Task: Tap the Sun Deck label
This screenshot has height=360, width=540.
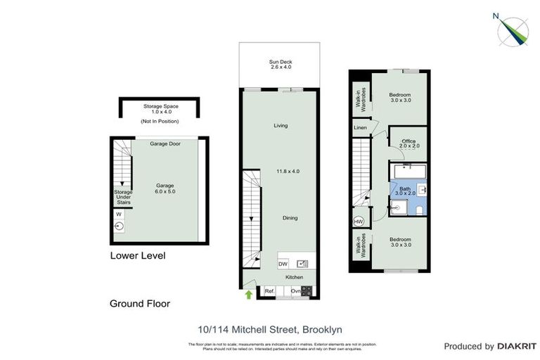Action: click(281, 63)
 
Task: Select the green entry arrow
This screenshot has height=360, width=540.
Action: click(249, 295)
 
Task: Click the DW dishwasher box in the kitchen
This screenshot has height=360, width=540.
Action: click(283, 264)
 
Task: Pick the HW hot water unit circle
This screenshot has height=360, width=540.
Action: click(359, 221)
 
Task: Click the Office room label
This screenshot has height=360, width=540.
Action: click(409, 141)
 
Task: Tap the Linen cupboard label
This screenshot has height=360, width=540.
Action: click(361, 128)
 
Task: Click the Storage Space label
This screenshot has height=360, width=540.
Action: click(160, 106)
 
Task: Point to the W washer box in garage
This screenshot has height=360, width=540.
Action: click(118, 214)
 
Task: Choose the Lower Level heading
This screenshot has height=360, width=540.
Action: click(138, 256)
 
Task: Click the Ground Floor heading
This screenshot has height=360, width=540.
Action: click(140, 304)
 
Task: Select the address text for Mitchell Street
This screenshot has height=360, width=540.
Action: click(270, 328)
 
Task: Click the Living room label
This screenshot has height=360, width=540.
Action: click(281, 126)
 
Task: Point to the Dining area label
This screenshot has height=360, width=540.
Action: click(290, 218)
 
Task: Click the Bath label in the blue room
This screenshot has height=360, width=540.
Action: click(405, 188)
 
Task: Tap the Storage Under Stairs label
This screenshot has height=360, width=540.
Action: click(123, 196)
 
